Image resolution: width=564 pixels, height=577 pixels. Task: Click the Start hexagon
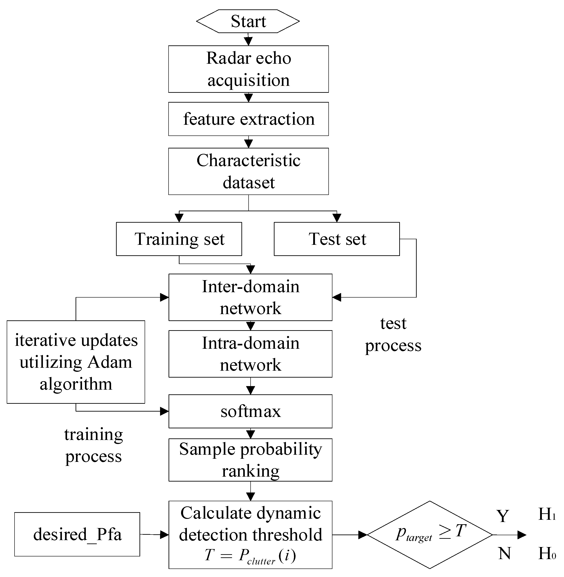point(248,21)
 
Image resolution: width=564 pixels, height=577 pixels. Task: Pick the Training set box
point(179,239)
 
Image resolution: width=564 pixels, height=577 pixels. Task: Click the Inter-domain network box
point(250,297)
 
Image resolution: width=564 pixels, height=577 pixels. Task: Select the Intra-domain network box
point(250,354)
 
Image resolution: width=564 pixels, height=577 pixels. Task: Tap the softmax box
point(250,411)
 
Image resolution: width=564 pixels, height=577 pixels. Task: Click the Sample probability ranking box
point(250,460)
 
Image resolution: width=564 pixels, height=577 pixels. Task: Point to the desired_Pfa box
point(77,534)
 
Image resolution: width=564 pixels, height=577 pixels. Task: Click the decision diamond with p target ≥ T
point(429,535)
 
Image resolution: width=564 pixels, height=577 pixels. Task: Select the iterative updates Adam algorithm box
point(76,362)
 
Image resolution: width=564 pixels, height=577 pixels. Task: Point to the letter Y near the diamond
point(503,516)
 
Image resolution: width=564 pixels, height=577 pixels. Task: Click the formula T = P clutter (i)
point(250,555)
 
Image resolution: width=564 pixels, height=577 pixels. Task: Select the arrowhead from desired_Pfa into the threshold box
point(164,535)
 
